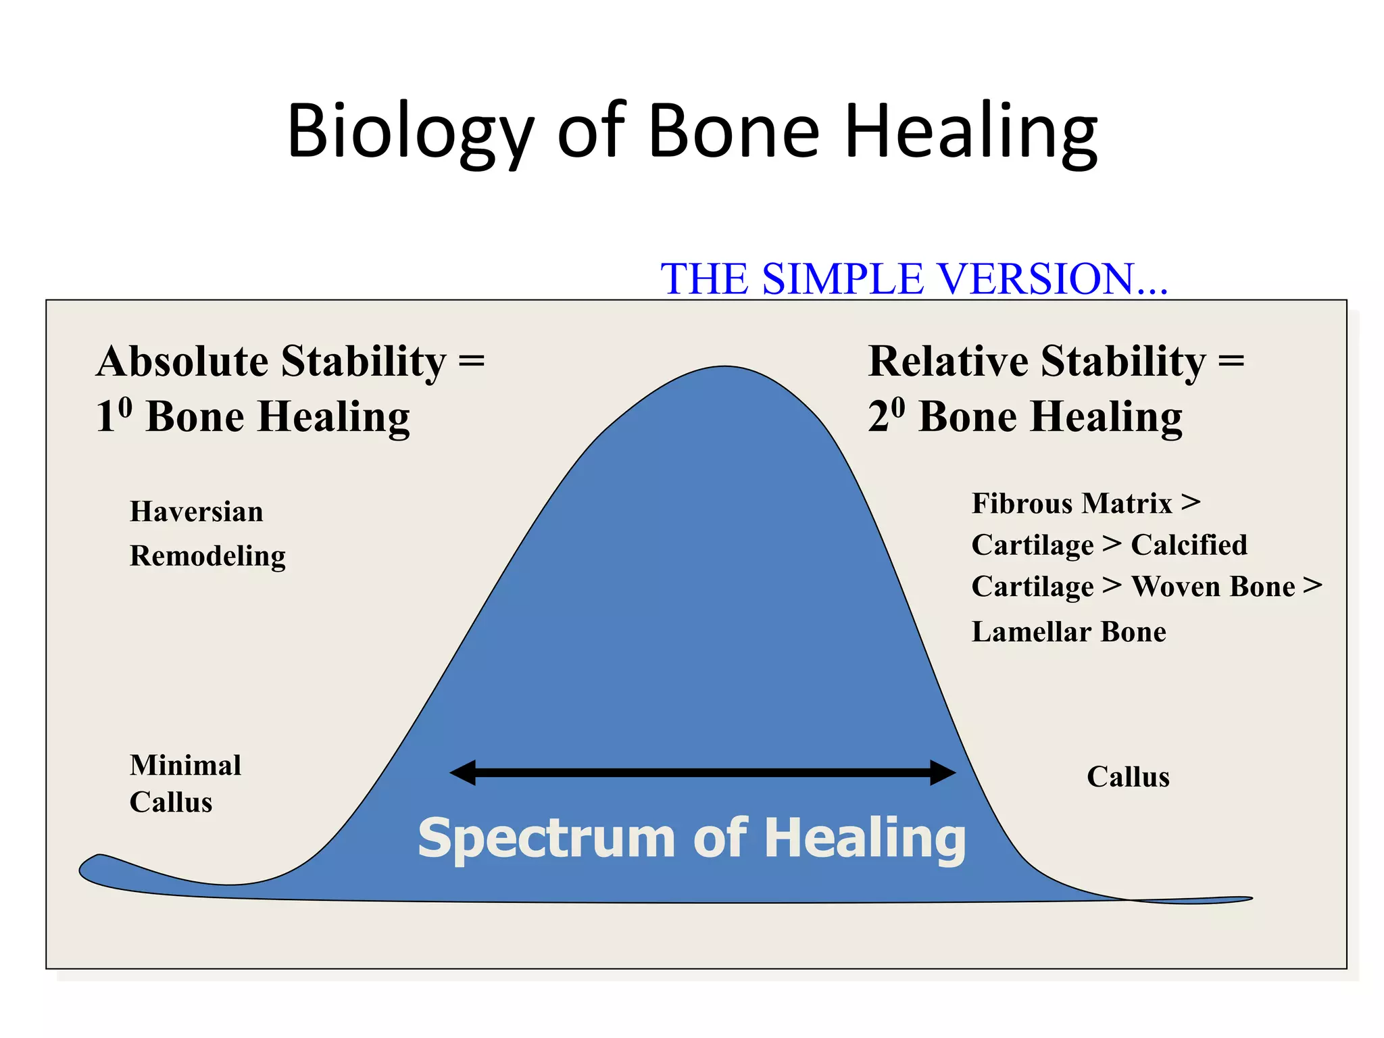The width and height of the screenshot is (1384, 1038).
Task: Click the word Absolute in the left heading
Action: [182, 362]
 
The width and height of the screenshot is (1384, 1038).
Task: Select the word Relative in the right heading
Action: [947, 362]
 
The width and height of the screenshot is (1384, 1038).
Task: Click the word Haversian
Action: [196, 512]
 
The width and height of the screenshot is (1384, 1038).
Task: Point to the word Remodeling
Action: [207, 556]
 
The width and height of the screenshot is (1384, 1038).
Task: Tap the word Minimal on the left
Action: [185, 766]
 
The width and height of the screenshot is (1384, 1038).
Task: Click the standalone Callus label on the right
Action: [1128, 777]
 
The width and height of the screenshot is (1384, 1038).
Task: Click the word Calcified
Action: [1189, 545]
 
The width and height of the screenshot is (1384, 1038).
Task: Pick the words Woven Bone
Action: [1213, 587]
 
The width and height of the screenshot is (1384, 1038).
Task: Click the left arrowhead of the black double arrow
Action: [463, 772]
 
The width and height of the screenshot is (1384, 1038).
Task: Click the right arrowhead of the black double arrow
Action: [943, 772]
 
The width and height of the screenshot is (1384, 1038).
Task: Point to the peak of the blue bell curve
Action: [724, 368]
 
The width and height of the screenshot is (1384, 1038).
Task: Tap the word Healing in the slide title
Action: [971, 132]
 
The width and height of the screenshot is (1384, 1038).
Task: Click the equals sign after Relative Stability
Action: [1231, 362]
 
